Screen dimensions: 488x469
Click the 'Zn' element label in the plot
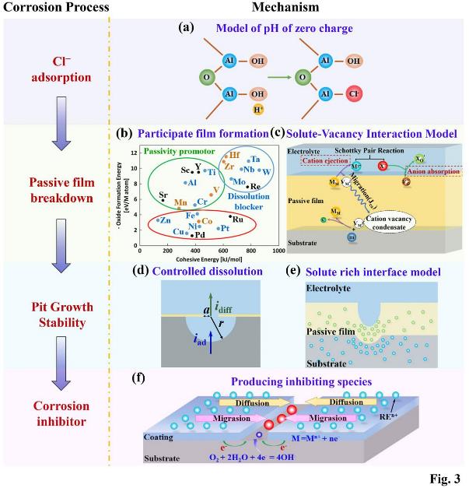pos(165,221)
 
